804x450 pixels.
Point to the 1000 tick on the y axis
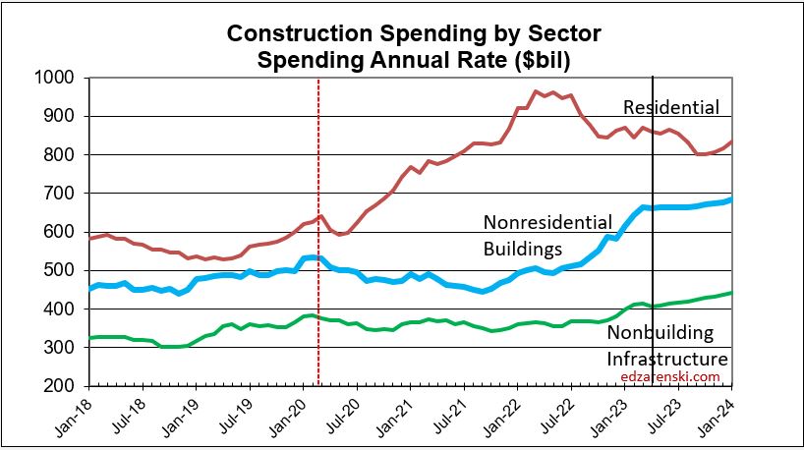(x=59, y=78)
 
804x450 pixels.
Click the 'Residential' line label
(x=671, y=107)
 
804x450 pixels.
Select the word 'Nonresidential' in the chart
(x=547, y=221)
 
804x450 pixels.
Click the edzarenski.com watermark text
(x=671, y=376)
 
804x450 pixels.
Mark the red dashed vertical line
(x=318, y=295)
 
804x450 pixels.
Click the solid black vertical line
(x=653, y=295)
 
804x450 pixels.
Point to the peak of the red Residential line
(x=536, y=91)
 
